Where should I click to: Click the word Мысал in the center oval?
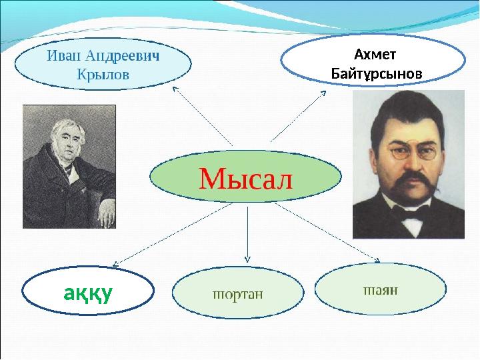(x=245, y=177)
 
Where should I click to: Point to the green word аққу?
(x=87, y=292)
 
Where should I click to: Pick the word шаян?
(x=380, y=290)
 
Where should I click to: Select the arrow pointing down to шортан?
(x=247, y=233)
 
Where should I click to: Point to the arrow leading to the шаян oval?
(x=327, y=230)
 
